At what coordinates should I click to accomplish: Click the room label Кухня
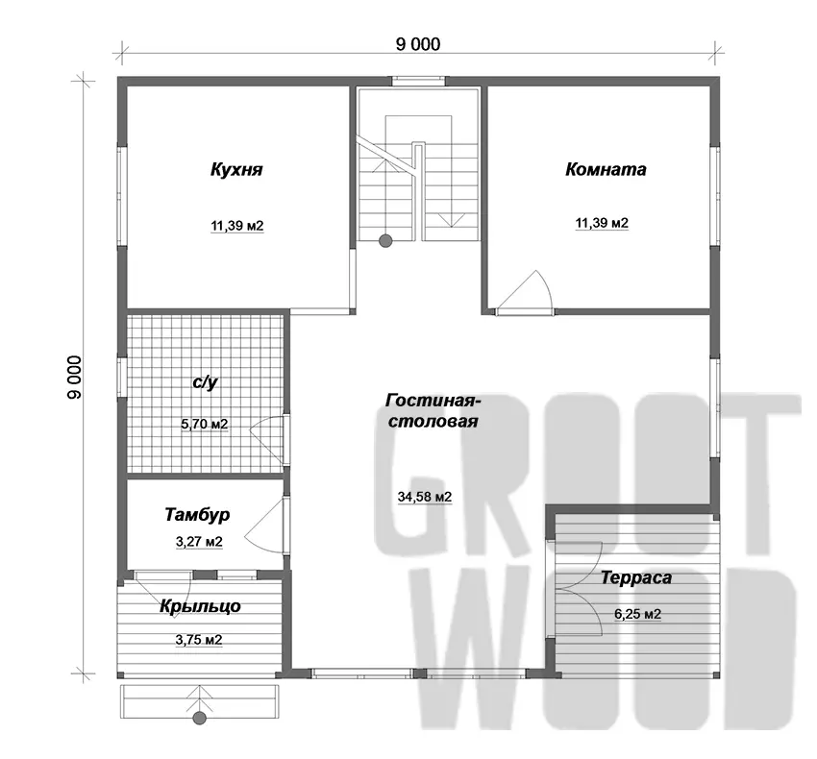(x=236, y=170)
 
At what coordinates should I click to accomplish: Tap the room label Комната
(x=606, y=169)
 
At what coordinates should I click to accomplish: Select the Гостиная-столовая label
(x=433, y=411)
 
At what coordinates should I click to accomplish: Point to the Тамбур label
(x=197, y=515)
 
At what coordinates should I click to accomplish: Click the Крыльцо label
(x=200, y=606)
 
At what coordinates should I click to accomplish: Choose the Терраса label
(x=636, y=577)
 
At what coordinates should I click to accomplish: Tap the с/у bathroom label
(x=205, y=381)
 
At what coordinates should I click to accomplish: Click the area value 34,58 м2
(x=425, y=497)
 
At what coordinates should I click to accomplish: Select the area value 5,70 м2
(x=204, y=424)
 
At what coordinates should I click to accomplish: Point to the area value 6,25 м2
(x=638, y=614)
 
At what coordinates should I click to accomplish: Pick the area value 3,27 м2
(x=199, y=542)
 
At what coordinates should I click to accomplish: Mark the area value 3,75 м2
(x=199, y=639)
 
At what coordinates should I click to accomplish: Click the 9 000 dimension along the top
(x=418, y=44)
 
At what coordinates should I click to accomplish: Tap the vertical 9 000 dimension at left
(x=75, y=378)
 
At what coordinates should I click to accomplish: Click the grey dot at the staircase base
(x=385, y=241)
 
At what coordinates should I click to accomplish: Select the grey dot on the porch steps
(x=200, y=719)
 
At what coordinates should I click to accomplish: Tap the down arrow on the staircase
(x=451, y=219)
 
